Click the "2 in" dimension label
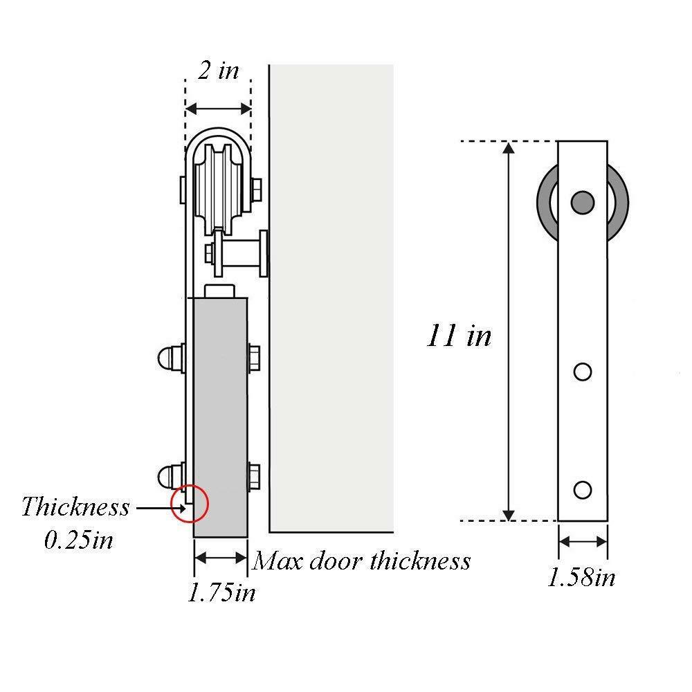tap(217, 71)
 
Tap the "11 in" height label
tap(459, 336)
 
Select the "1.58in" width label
tap(581, 577)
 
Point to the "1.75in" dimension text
tap(221, 593)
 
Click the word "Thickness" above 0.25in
tap(75, 507)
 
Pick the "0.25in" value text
tap(78, 540)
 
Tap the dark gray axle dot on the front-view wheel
tap(583, 201)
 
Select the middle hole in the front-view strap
tap(583, 372)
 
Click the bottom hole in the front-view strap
tap(583, 490)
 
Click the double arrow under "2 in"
tap(217, 109)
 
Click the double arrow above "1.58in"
tap(583, 542)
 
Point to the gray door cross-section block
tap(220, 415)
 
